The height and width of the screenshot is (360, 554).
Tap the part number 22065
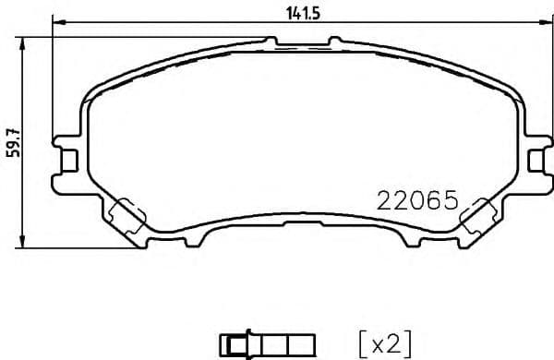click(x=416, y=200)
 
